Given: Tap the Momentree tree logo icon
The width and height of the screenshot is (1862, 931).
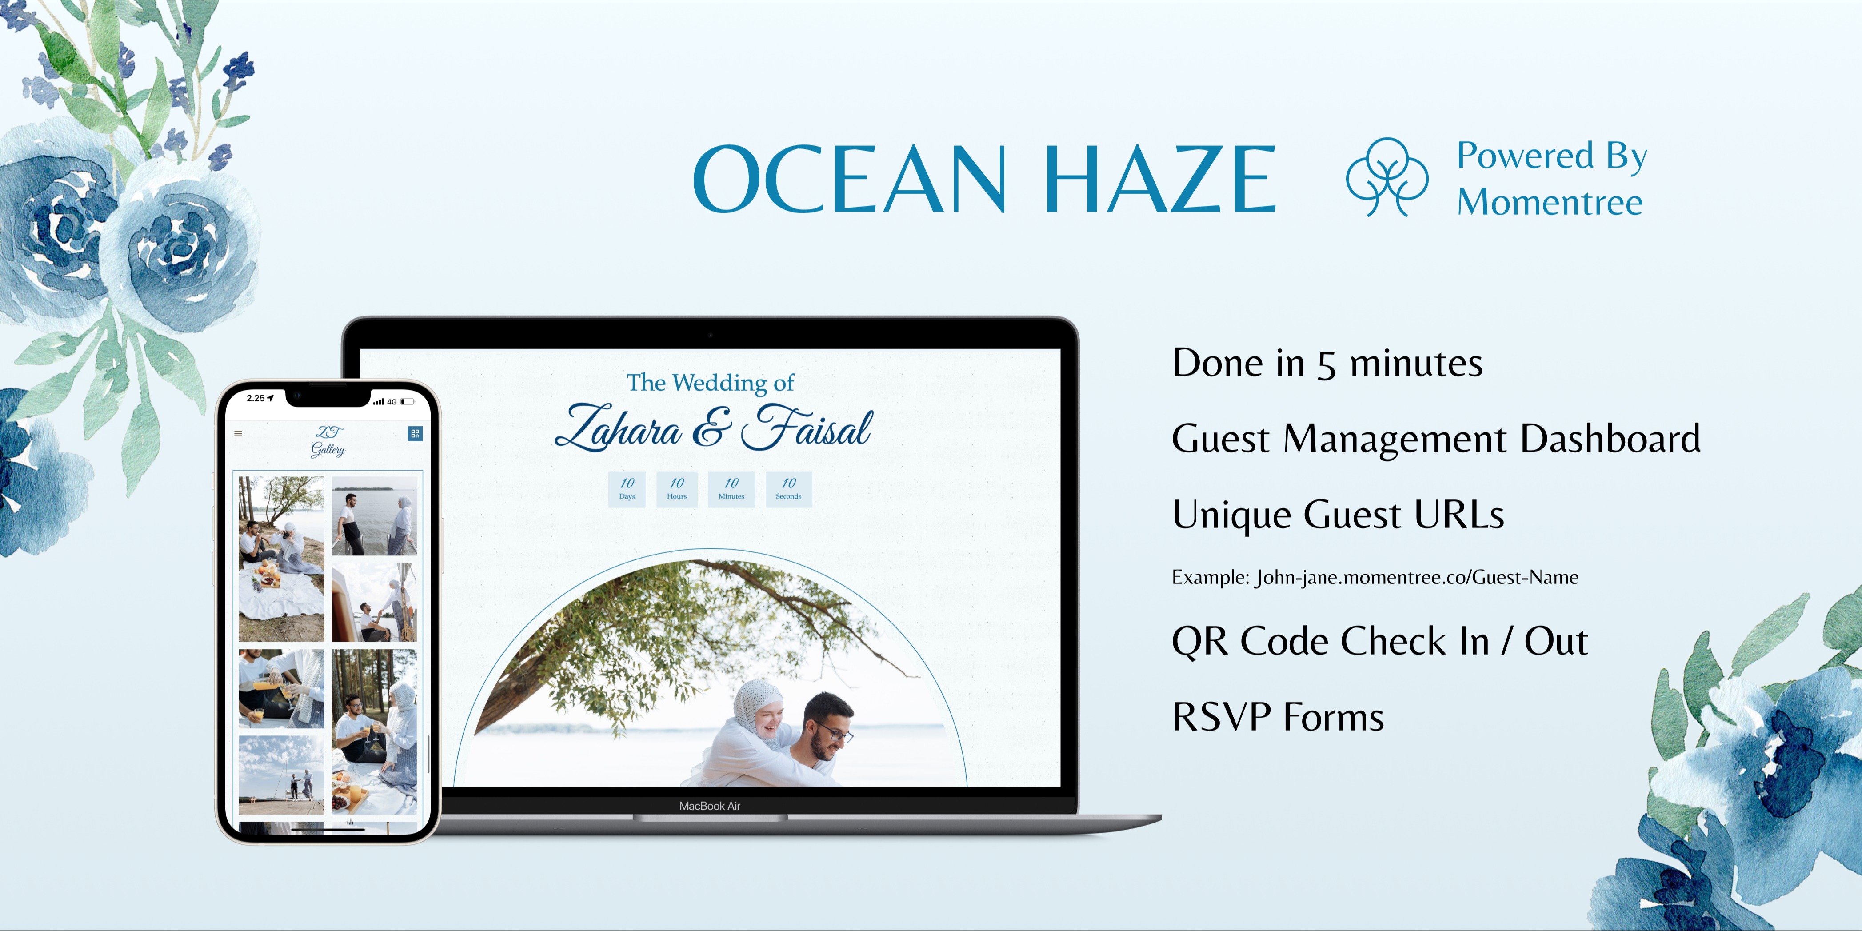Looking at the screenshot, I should pos(1387,177).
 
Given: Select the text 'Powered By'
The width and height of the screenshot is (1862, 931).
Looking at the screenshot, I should pos(1551,156).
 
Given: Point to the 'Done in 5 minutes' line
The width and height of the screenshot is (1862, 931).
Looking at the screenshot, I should pos(1327,363).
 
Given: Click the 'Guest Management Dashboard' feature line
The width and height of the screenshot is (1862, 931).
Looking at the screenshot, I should pos(1435,439).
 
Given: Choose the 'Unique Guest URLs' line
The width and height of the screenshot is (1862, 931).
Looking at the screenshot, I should pos(1338,515).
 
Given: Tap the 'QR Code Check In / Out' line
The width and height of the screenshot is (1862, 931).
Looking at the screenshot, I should pos(1379,641).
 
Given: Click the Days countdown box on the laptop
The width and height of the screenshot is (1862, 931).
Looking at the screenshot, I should pos(627,489).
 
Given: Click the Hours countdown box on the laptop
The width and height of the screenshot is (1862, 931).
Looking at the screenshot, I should pos(676,489).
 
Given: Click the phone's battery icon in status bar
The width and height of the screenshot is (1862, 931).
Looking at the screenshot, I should pos(408,402).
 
